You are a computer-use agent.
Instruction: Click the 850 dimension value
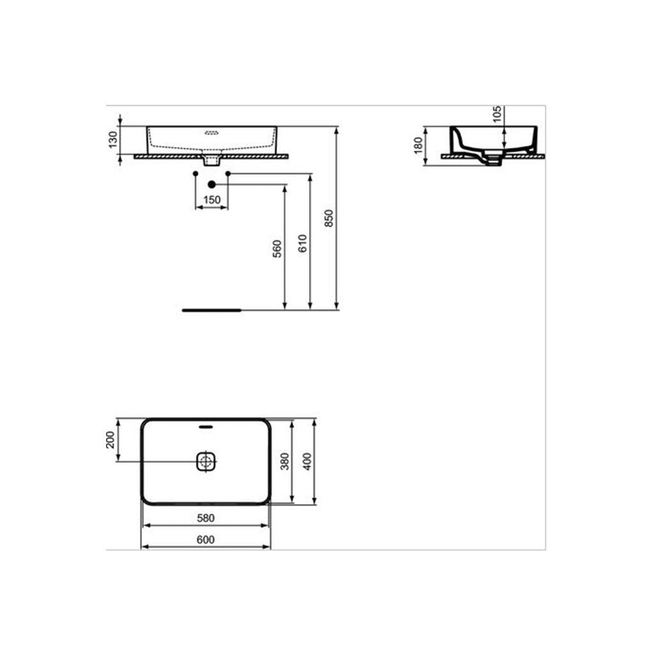pyautogui.click(x=330, y=218)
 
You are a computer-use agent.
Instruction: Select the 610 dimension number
pyautogui.click(x=303, y=243)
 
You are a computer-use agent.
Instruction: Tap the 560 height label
pyautogui.click(x=278, y=248)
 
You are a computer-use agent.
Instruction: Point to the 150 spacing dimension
pyautogui.click(x=212, y=200)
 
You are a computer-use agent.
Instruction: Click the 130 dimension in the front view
pyautogui.click(x=113, y=140)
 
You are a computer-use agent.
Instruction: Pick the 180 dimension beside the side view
pyautogui.click(x=418, y=146)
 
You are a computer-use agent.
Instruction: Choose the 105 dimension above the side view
pyautogui.click(x=497, y=114)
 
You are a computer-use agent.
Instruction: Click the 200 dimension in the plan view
pyautogui.click(x=110, y=439)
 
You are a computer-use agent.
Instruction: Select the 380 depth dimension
pyautogui.click(x=285, y=461)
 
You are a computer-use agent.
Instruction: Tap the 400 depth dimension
pyautogui.click(x=307, y=461)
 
